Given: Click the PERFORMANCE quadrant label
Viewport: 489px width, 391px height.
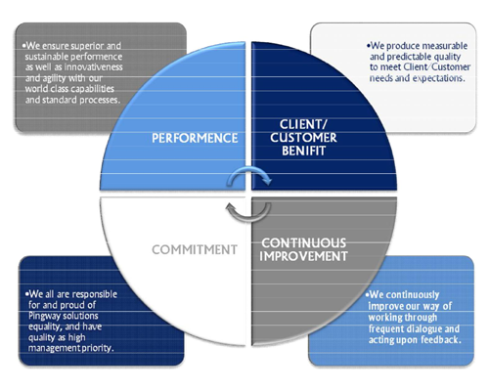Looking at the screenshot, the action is pyautogui.click(x=195, y=138).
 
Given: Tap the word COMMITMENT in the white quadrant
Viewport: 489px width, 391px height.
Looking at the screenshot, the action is pyautogui.click(x=195, y=250).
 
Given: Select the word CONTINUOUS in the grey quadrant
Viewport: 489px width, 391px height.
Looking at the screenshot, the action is pyautogui.click(x=303, y=243).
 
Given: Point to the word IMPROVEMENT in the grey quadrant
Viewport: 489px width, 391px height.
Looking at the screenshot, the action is pyautogui.click(x=303, y=256).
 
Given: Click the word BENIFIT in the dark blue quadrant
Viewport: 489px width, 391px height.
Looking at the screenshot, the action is pyautogui.click(x=303, y=151).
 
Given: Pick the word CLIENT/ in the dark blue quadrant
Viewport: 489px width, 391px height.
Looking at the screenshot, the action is pyautogui.click(x=303, y=124).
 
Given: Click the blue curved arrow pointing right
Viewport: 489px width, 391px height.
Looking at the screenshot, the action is pyautogui.click(x=249, y=176).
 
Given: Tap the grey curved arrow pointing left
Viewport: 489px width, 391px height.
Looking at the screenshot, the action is pyautogui.click(x=248, y=212).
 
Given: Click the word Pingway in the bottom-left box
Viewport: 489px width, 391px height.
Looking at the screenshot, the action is pyautogui.click(x=44, y=316).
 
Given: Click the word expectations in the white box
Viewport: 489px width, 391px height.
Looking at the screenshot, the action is pyautogui.click(x=438, y=78).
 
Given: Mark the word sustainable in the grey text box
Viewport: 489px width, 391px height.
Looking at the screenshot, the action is pyautogui.click(x=47, y=57).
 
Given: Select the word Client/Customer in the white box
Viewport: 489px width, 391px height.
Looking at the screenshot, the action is pyautogui.click(x=437, y=67).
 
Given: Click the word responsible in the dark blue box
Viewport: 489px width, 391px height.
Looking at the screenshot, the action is pyautogui.click(x=95, y=294).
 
